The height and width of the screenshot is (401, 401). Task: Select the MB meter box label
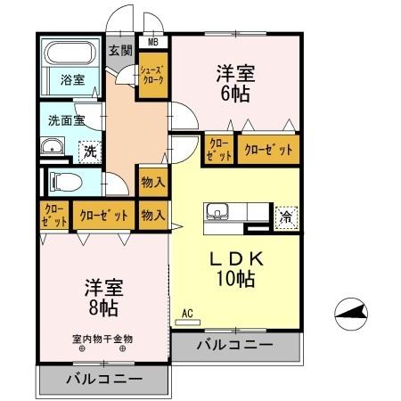[152, 42]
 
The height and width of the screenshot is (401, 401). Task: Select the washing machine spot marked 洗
[88, 151]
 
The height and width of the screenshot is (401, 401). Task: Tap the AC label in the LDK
[187, 313]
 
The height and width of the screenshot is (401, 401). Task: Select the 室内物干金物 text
[102, 339]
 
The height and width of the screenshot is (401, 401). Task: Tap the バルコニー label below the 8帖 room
[103, 379]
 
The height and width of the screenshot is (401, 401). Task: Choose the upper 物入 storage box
[152, 182]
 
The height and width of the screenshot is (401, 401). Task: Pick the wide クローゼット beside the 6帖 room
[267, 150]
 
